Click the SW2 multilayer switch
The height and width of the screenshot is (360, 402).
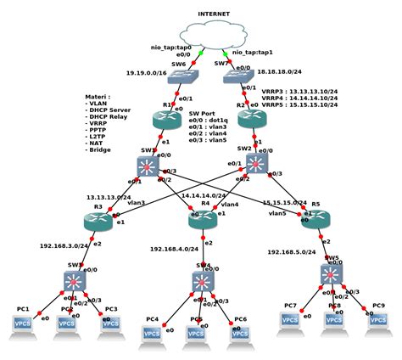coord(255,161)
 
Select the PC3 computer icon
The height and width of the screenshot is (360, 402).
coord(109,325)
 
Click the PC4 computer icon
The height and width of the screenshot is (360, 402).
coord(153,335)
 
